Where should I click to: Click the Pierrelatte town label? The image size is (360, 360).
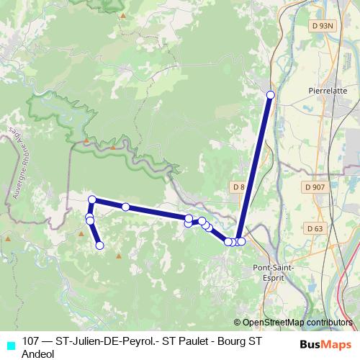328,91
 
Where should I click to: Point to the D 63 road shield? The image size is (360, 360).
314,229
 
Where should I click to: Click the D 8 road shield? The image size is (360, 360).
238,187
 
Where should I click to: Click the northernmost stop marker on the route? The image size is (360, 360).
271,95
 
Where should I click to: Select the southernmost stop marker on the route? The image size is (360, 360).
99,246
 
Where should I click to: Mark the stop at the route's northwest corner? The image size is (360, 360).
92,199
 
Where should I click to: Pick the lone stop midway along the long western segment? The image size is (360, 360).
125,207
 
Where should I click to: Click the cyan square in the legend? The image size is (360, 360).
10,345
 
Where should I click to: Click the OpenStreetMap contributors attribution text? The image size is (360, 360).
297,323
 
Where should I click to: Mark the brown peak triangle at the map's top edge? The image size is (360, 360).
123,15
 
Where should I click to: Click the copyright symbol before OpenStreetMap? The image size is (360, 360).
237,323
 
